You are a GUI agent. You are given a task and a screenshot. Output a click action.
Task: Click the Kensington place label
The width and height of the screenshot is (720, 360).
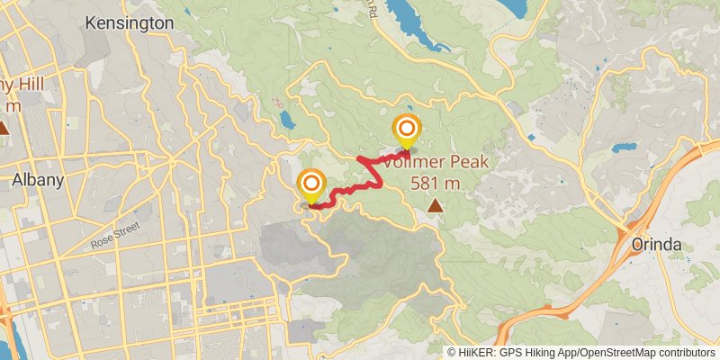click(130, 22)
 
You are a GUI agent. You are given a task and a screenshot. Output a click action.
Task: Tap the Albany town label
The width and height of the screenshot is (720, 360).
click(37, 180)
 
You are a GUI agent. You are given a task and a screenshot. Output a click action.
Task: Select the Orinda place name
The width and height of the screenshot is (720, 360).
click(657, 245)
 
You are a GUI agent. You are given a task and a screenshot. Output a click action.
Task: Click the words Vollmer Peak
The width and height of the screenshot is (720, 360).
click(436, 162)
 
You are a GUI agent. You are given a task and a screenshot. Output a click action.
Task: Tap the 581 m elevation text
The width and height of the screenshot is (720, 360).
click(436, 183)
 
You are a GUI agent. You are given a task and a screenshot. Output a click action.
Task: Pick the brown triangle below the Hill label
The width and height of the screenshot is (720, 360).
click(4, 128)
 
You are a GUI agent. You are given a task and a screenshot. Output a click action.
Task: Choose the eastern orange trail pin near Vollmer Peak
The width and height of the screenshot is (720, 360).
click(407, 130)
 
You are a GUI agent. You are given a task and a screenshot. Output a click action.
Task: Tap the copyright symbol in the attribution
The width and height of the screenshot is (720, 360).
click(451, 352)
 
